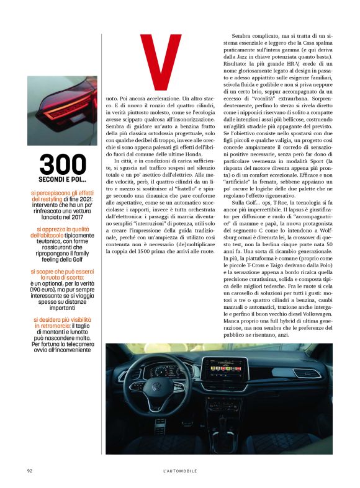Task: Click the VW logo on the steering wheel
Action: [156, 389]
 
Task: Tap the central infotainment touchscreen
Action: [225, 373]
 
